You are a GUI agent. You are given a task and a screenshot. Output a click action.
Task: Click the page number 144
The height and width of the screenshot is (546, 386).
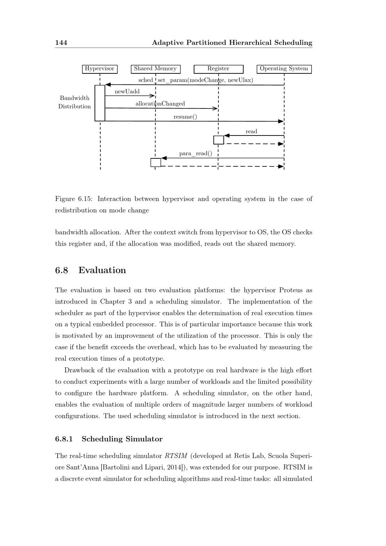(x=61, y=42)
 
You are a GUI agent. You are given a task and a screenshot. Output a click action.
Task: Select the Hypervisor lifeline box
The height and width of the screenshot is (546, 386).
(x=100, y=69)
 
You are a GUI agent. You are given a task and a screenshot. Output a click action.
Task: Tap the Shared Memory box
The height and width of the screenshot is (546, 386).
(x=155, y=69)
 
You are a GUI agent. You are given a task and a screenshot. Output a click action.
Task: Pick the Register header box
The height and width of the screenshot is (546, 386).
(x=218, y=69)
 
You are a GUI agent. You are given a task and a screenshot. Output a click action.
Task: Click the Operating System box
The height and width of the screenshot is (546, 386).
(x=284, y=69)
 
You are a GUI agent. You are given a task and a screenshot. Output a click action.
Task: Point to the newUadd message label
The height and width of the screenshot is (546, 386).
(x=127, y=92)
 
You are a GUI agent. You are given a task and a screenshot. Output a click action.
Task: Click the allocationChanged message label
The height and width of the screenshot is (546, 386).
(x=160, y=103)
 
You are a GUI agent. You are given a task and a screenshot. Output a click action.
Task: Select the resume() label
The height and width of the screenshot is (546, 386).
(x=185, y=117)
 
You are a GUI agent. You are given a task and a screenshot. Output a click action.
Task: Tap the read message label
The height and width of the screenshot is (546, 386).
(x=251, y=132)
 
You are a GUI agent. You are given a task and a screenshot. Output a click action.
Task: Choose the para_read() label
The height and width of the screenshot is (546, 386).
(x=195, y=154)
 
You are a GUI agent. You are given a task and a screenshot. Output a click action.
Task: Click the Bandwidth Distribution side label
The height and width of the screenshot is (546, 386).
(x=74, y=102)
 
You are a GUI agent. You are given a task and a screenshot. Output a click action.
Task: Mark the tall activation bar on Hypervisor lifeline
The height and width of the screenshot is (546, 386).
(x=100, y=103)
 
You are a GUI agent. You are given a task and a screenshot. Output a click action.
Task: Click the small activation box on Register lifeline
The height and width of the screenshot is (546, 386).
(x=218, y=140)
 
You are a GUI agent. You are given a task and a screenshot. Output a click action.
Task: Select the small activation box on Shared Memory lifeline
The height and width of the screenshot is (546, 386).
(x=156, y=163)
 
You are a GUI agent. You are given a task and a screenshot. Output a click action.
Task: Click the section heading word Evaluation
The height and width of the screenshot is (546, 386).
(x=102, y=270)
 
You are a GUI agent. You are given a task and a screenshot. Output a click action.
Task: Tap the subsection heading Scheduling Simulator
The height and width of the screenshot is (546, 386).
(x=122, y=439)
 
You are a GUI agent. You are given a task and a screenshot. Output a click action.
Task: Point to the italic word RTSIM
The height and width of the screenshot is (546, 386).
(x=176, y=456)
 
